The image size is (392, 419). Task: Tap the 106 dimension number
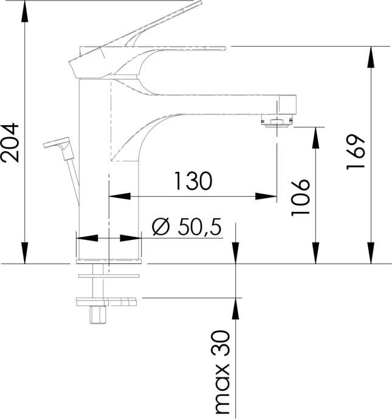point(300,197)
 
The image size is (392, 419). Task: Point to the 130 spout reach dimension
point(193,181)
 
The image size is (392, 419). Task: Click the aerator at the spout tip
point(277,121)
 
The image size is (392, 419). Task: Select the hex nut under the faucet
point(96,315)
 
